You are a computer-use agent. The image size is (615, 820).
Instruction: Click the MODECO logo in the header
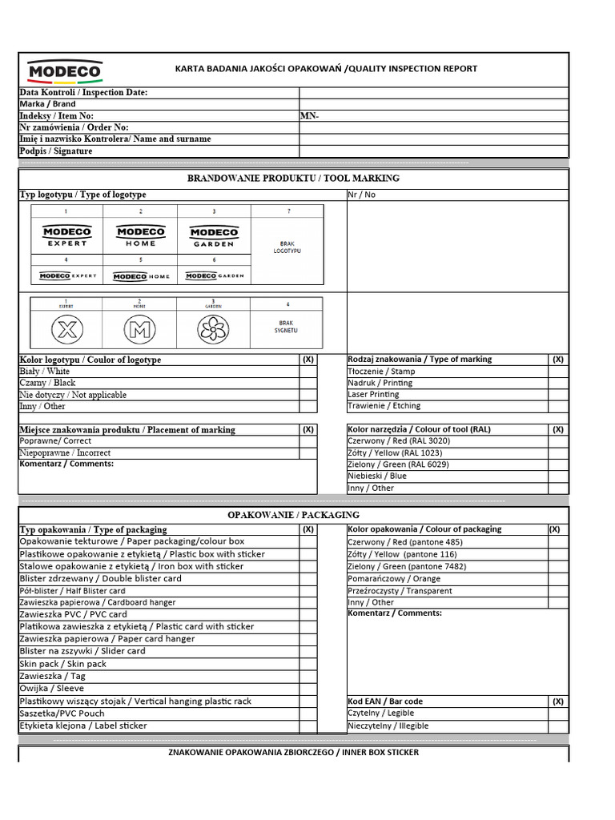pos(65,71)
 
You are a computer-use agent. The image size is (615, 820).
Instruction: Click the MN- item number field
pos(433,116)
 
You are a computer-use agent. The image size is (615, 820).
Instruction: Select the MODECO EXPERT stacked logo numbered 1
pos(67,236)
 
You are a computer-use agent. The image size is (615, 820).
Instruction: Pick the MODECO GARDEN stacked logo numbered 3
pos(213,236)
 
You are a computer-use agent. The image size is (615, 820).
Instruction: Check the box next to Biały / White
pos(308,372)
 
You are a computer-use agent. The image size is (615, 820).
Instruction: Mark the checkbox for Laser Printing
pos(558,395)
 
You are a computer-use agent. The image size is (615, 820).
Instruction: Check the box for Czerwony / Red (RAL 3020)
pos(558,441)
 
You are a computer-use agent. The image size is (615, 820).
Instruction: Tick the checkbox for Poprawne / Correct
pos(308,441)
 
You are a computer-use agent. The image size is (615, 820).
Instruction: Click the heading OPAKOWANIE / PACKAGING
pos(293,515)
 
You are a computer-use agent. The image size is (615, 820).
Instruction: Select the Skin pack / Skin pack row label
pos(63,664)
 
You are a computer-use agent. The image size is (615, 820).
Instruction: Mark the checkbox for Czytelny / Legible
pos(558,713)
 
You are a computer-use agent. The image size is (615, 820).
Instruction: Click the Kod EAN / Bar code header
pos(385,701)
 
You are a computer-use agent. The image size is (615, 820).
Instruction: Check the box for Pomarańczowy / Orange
pos(558,578)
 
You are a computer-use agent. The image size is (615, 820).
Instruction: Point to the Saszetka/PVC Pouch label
pos(62,713)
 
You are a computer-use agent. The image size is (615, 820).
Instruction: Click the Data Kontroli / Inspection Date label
pos(83,93)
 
